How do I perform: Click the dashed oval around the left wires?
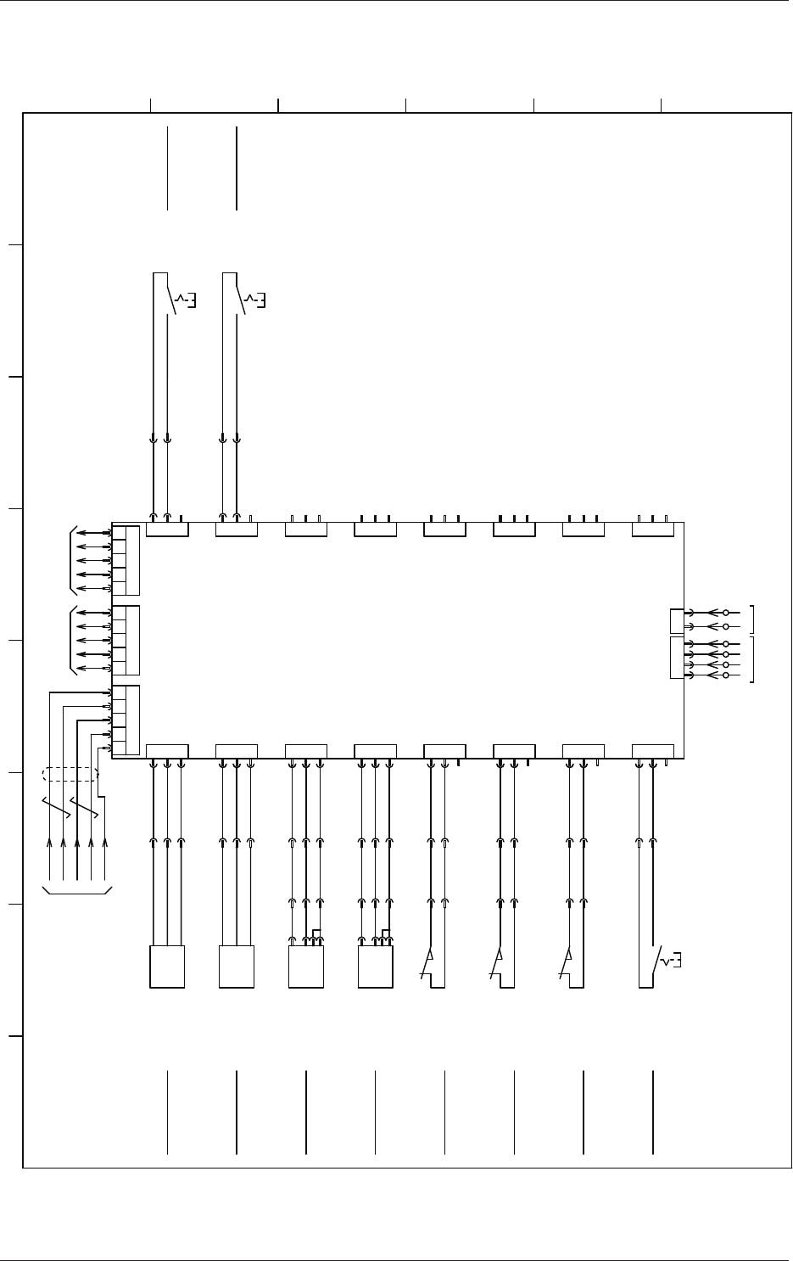[x=70, y=774]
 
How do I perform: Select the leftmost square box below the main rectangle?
[x=167, y=967]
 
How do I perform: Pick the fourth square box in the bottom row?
[x=376, y=967]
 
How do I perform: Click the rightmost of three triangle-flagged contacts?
[x=567, y=962]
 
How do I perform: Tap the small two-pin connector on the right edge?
[x=676, y=620]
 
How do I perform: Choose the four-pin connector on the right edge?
[x=676, y=659]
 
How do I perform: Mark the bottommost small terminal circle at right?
[x=726, y=675]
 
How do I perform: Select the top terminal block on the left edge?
[x=126, y=560]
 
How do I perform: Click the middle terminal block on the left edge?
[x=126, y=640]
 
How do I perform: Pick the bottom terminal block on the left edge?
[x=126, y=720]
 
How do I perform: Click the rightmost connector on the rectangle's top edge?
[x=653, y=530]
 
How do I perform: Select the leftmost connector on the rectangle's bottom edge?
[x=167, y=751]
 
